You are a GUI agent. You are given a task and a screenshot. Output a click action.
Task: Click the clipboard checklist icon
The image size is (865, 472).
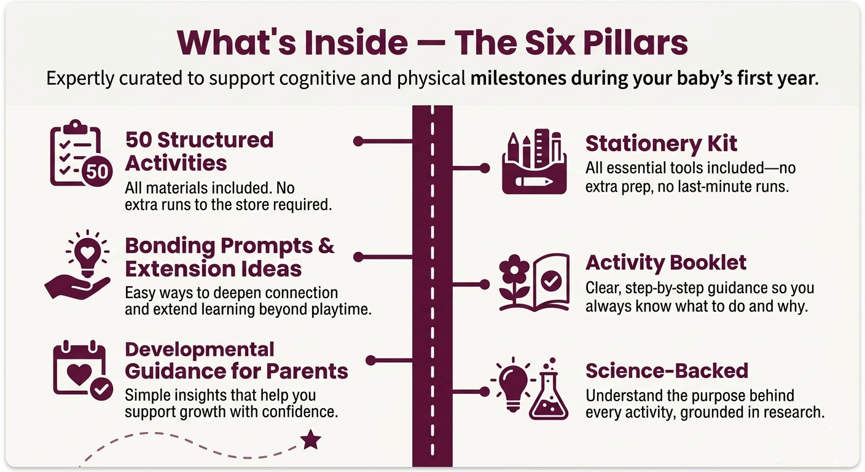[76, 152]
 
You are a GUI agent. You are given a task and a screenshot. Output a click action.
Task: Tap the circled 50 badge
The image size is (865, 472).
[97, 171]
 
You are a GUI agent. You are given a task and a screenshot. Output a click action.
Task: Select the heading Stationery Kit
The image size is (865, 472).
[661, 143]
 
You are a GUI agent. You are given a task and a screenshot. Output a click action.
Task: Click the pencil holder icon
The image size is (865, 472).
[534, 162]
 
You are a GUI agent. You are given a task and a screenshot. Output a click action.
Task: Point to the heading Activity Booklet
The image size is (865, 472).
[666, 262]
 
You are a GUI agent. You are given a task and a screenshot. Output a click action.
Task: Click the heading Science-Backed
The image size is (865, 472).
[667, 371]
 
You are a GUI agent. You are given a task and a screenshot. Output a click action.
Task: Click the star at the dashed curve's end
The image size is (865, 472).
[310, 439]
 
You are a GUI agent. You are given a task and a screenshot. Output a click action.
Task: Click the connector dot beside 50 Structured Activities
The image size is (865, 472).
[358, 141]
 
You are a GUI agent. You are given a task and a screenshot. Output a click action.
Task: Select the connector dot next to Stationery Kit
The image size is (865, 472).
[485, 168]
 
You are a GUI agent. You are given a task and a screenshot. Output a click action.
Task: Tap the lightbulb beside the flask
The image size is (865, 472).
[513, 384]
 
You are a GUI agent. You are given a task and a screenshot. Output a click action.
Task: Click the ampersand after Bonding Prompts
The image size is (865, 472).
[326, 246]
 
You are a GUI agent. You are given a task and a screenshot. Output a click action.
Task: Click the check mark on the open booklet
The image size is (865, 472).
[551, 281]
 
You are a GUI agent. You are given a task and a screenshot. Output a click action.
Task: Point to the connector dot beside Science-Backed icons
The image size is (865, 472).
[485, 391]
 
